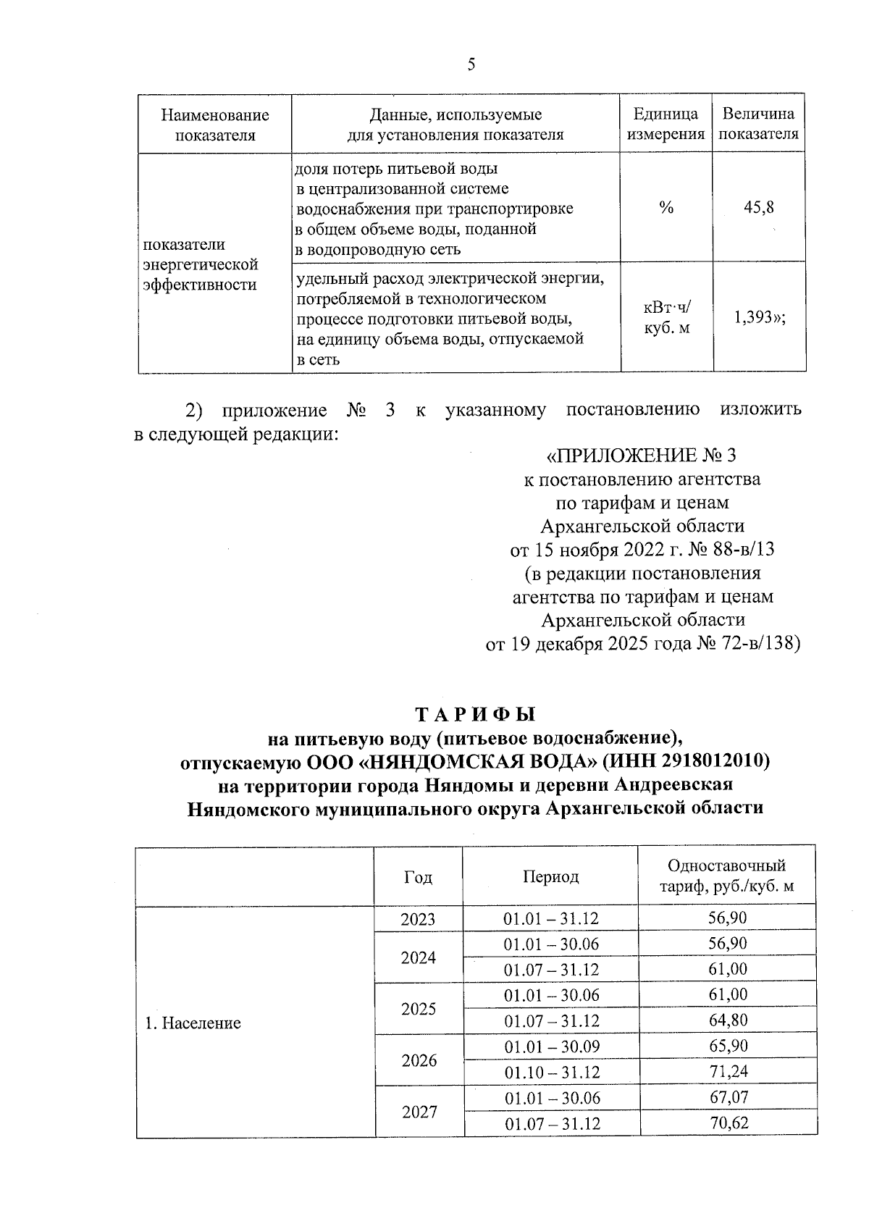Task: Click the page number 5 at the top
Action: point(471,65)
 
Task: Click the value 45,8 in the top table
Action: point(758,208)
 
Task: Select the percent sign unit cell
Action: point(666,208)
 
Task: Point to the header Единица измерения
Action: point(666,124)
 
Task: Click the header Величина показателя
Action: point(758,124)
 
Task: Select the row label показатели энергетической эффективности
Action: point(201,264)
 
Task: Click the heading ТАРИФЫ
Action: point(475,714)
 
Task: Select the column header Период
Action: point(550,877)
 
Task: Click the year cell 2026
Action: point(419,1060)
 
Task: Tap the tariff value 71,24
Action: point(728,1072)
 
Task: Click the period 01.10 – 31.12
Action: point(552,1073)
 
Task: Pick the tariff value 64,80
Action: point(728,1020)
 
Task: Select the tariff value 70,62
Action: point(728,1123)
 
